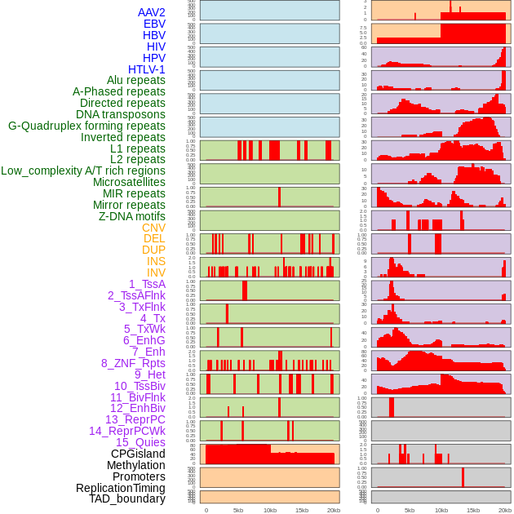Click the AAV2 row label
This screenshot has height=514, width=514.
pyautogui.click(x=151, y=12)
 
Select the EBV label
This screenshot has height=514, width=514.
pyautogui.click(x=153, y=24)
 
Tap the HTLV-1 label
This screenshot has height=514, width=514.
pyautogui.click(x=146, y=69)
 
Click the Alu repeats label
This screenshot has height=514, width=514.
pyautogui.click(x=135, y=80)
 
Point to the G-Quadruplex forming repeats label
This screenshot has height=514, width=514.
pyautogui.click(x=86, y=126)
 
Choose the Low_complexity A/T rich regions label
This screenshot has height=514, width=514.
pyautogui.click(x=83, y=171)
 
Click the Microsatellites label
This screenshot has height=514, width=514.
pyautogui.click(x=129, y=182)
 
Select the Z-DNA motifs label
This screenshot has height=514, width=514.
pyautogui.click(x=131, y=216)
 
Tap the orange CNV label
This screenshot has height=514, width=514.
pyautogui.click(x=153, y=228)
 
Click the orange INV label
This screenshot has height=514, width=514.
pyautogui.click(x=156, y=273)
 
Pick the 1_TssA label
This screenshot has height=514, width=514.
pyautogui.click(x=147, y=284)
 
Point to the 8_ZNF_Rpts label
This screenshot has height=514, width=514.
pyautogui.click(x=133, y=363)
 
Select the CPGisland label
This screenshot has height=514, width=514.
pyautogui.click(x=138, y=454)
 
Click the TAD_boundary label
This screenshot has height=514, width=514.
pyautogui.click(x=127, y=498)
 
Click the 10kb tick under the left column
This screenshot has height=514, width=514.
pyautogui.click(x=270, y=510)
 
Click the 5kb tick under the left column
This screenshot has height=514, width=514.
pyautogui.click(x=238, y=510)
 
